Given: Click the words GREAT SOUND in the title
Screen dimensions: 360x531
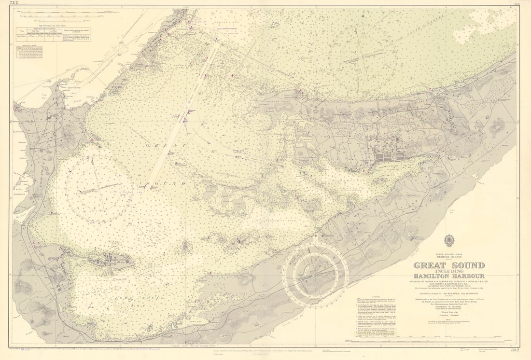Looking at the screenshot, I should [x=449, y=265].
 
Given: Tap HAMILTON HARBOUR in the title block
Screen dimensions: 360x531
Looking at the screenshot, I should [x=449, y=276].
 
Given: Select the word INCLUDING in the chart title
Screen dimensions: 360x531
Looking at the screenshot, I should [x=449, y=271].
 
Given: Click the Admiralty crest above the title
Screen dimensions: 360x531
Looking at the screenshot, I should [x=449, y=240].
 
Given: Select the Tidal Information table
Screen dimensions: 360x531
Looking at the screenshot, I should [x=53, y=33].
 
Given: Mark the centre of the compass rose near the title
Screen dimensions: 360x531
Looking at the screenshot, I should [x=316, y=274].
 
